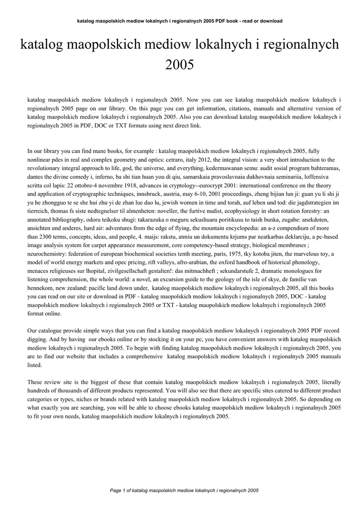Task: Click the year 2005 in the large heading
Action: pyautogui.click(x=180, y=64)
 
